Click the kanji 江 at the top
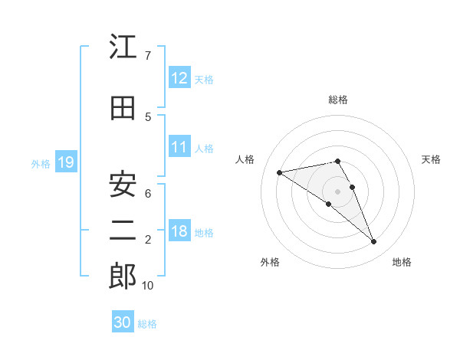pyautogui.click(x=123, y=47)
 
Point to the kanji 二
pyautogui.click(x=123, y=232)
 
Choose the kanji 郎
pyautogui.click(x=123, y=277)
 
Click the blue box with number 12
pyautogui.click(x=179, y=78)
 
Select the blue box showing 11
pyautogui.click(x=179, y=148)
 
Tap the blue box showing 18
pyautogui.click(x=179, y=232)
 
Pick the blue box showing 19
pyautogui.click(x=65, y=162)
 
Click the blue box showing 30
pyautogui.click(x=123, y=323)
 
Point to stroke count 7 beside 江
pyautogui.click(x=147, y=56)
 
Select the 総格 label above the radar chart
pyautogui.click(x=338, y=100)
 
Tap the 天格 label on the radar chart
pyautogui.click(x=432, y=159)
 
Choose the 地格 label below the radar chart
pyautogui.click(x=402, y=263)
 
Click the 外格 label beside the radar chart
pyautogui.click(x=270, y=263)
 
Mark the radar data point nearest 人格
pyautogui.click(x=280, y=172)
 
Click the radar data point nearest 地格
pyautogui.click(x=374, y=242)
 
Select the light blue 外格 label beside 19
pyautogui.click(x=41, y=163)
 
